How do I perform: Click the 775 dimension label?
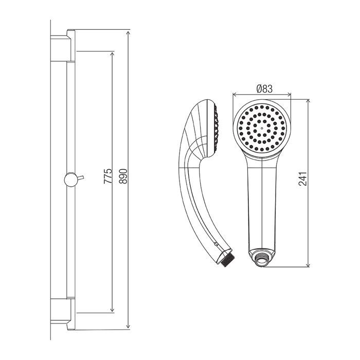coord(108,176)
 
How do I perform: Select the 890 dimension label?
coord(123,176)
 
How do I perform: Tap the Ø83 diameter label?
coord(264,89)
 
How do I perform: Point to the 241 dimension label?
coord(302,178)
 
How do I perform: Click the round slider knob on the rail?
coord(70,179)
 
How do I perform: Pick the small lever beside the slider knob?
coord(80,177)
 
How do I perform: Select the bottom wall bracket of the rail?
coord(63,314)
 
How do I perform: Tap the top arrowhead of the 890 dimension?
coord(129,32)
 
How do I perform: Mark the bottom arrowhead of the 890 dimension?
coord(129,327)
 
